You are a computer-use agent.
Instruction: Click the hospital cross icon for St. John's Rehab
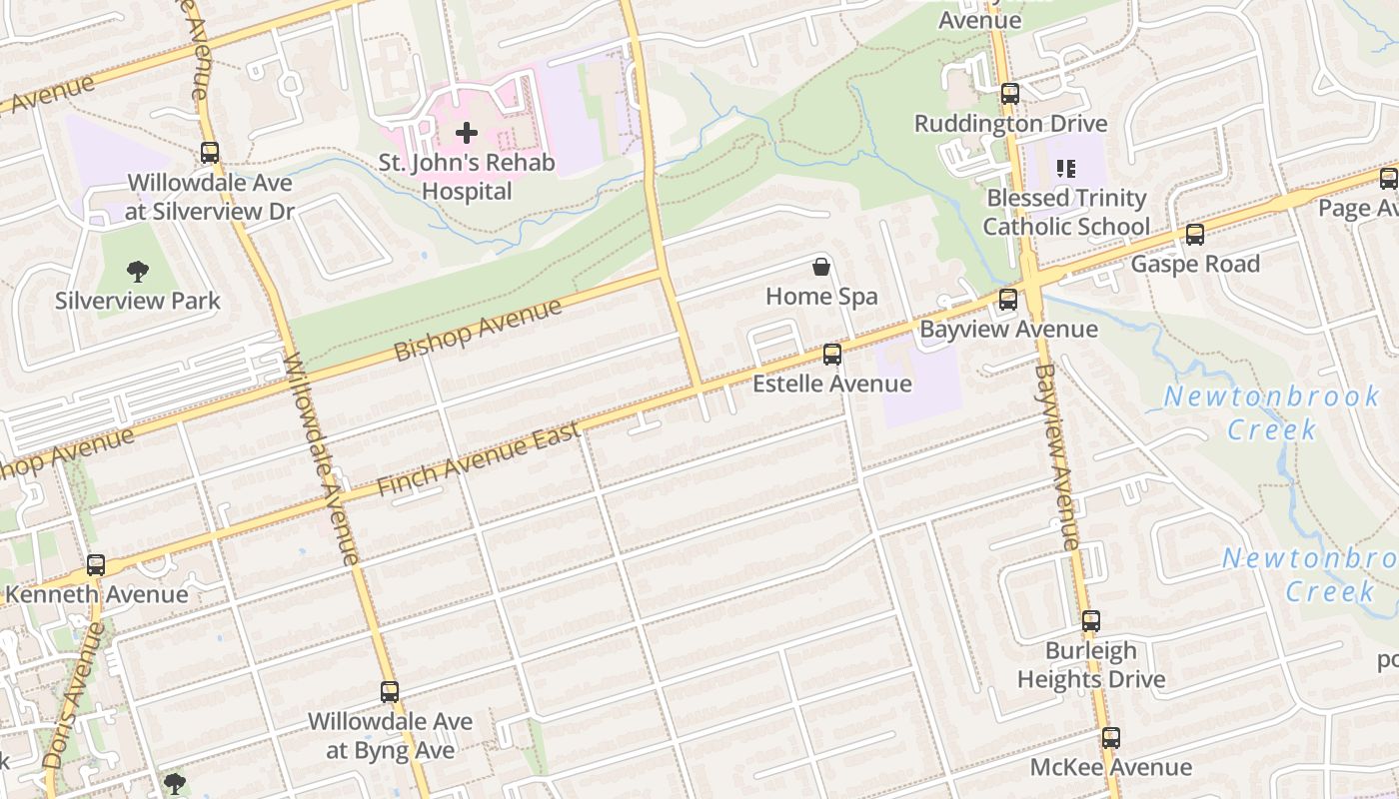coord(467,132)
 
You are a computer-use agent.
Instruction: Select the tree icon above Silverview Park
coord(138,271)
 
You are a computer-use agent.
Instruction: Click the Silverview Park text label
coord(138,301)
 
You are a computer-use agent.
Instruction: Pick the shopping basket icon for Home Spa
coord(820,267)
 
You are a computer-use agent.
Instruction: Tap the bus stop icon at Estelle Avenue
coord(831,355)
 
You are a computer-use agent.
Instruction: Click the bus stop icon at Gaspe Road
coord(1194,235)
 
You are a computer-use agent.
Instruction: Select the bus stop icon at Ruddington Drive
coord(1010,94)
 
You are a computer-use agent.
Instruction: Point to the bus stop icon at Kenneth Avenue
coord(96,565)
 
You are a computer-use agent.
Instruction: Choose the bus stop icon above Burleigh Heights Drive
coord(1091,621)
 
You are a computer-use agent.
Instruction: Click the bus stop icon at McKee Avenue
coord(1111,739)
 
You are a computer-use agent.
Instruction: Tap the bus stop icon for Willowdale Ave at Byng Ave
coord(390,692)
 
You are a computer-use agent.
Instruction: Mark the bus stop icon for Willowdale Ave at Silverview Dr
coord(210,153)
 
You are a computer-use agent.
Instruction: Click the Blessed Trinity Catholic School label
coord(1066,213)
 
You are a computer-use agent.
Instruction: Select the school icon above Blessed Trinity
coord(1066,169)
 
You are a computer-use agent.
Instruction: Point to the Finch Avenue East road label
coord(480,460)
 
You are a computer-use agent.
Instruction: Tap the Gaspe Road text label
coord(1195,265)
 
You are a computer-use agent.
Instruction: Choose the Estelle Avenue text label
coord(831,385)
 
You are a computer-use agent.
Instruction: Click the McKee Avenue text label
coord(1111,768)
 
